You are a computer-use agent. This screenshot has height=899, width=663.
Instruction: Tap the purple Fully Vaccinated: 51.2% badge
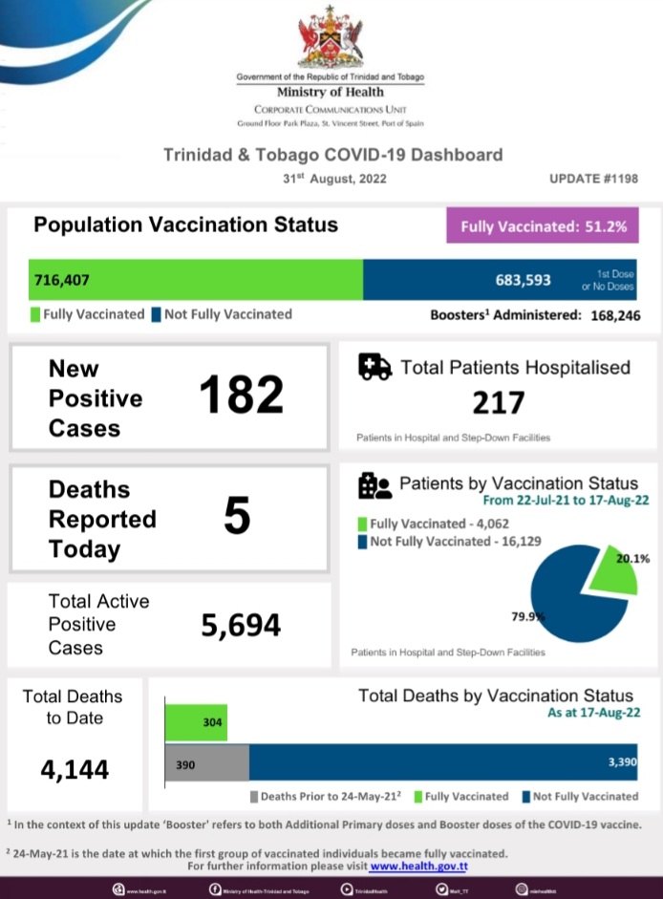pyautogui.click(x=544, y=227)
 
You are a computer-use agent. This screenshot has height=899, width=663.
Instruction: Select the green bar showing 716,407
pyautogui.click(x=196, y=281)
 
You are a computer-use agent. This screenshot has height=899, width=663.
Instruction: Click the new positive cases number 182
pyautogui.click(x=241, y=396)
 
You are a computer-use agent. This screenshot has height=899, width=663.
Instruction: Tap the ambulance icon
pyautogui.click(x=374, y=368)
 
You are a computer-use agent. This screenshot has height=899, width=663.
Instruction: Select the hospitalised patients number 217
pyautogui.click(x=498, y=403)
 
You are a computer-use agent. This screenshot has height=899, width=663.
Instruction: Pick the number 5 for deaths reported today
pyautogui.click(x=237, y=517)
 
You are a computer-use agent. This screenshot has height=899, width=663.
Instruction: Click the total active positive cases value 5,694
pyautogui.click(x=241, y=626)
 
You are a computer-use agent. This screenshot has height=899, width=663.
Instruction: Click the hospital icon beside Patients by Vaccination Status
pyautogui.click(x=374, y=486)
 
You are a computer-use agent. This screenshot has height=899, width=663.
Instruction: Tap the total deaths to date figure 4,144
pyautogui.click(x=75, y=768)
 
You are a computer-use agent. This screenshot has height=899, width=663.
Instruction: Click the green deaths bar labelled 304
pyautogui.click(x=197, y=723)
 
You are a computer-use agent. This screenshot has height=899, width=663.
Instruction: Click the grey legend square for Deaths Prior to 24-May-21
pyautogui.click(x=253, y=796)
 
